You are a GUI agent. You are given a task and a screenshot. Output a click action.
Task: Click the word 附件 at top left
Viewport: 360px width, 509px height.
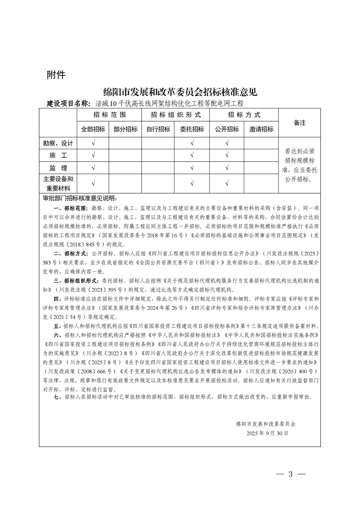point(56,75)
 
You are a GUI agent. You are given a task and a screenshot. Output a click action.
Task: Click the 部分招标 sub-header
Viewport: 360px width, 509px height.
point(125,129)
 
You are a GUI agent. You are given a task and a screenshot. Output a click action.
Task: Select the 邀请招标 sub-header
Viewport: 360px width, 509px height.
point(261,129)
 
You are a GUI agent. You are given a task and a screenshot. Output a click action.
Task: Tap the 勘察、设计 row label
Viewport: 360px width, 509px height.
point(58,143)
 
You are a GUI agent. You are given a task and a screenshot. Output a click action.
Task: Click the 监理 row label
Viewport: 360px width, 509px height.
point(58,168)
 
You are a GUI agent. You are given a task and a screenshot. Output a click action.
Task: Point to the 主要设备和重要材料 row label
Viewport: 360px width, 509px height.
point(58,183)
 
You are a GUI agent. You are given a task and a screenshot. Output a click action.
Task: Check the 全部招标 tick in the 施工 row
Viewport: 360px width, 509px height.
point(93,155)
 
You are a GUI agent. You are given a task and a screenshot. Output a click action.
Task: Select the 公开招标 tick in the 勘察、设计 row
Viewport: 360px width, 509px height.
point(227,143)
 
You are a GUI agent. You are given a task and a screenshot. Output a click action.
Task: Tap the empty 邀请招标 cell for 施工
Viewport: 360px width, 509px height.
point(261,155)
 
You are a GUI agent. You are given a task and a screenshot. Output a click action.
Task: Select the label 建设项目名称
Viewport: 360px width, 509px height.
point(69,103)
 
